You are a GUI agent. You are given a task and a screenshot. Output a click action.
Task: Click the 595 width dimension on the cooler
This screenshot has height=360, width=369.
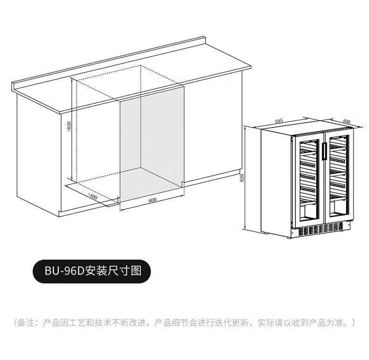point(279,121)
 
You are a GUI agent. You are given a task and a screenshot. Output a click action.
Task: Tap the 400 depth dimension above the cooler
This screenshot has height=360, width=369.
point(346,121)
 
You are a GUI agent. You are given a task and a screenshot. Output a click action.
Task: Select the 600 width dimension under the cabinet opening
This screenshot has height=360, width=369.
point(152,200)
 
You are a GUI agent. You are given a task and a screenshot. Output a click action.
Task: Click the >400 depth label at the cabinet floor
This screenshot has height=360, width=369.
point(92,196)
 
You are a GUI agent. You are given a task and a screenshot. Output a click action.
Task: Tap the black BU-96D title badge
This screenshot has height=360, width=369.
point(91,270)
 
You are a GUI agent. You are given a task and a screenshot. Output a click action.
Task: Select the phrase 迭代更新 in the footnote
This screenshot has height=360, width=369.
point(233,323)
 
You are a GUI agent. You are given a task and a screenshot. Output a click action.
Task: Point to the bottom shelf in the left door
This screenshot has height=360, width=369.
point(307,202)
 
